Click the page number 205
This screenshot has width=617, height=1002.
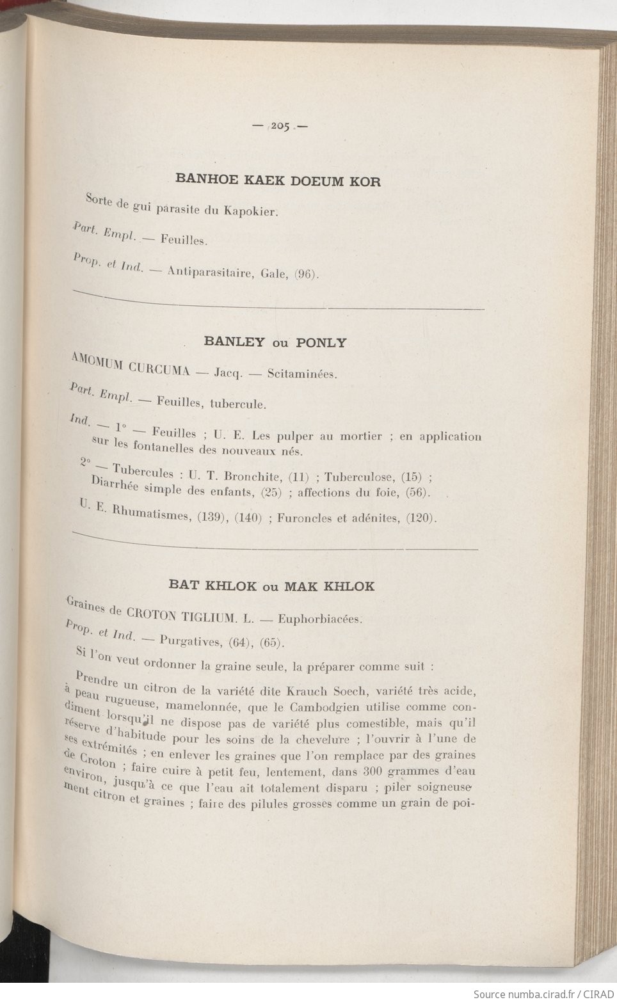[x=280, y=126]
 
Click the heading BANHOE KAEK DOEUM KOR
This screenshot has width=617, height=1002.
[x=278, y=180]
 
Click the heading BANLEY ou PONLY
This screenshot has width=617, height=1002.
[x=275, y=342]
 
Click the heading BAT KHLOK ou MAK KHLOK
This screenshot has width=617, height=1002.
[x=272, y=585]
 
